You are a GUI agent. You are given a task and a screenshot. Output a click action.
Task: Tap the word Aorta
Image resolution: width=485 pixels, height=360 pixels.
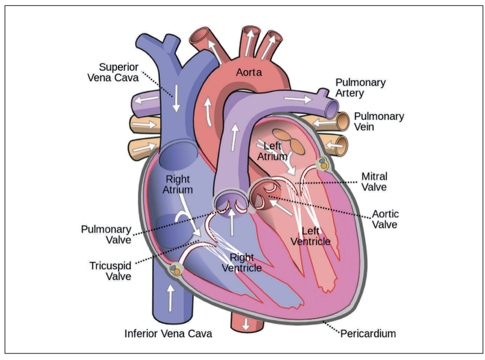click(248, 72)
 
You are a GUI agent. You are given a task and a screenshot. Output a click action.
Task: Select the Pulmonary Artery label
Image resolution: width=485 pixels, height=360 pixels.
click(360, 88)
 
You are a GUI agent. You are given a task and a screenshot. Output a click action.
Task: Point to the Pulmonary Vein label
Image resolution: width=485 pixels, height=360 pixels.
click(379, 122)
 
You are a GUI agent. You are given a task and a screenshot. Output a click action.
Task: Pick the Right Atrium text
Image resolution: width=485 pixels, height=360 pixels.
click(178, 184)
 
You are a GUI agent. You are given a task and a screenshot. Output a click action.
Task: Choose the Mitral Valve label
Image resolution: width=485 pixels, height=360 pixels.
click(375, 182)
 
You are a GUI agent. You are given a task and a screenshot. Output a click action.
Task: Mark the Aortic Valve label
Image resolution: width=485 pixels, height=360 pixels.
click(384, 219)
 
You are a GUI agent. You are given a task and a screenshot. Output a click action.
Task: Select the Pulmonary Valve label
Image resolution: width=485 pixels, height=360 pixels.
click(106, 235)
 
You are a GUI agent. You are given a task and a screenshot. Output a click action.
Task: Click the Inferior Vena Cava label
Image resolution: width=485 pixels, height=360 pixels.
click(168, 333)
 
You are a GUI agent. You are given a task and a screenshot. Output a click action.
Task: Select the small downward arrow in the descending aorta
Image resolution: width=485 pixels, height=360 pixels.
click(246, 324)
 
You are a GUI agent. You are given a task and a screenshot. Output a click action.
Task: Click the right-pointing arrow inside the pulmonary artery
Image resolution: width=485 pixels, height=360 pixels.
click(296, 100)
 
